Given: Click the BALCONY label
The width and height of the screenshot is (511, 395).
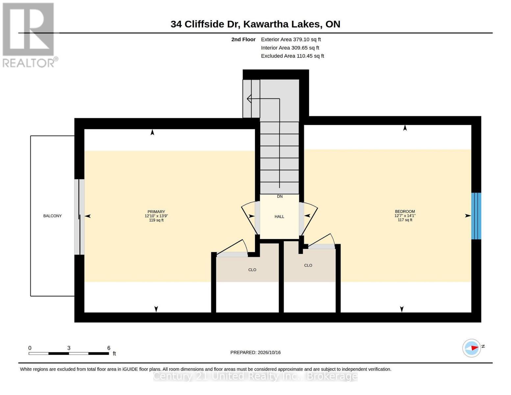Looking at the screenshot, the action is pos(52,216).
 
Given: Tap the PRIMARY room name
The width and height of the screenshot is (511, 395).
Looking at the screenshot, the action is pos(156,212).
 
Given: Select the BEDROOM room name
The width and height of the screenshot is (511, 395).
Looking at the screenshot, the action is pos(405,211).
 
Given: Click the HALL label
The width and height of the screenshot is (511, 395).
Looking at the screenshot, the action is pos(279,217).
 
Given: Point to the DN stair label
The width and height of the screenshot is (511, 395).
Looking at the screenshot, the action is pos(280,196).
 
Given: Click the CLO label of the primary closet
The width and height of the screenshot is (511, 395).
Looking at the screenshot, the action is pos(252,270).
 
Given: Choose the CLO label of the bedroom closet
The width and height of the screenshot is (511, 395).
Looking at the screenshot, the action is pos(308,265).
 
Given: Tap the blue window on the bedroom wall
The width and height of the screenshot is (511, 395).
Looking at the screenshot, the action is pos(476,216).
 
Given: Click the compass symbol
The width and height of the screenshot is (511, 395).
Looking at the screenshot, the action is pos(472,348).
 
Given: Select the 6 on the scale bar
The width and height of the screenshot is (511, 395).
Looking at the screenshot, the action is pos(109,348).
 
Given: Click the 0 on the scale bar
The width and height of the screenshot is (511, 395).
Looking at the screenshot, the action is pos(30,348).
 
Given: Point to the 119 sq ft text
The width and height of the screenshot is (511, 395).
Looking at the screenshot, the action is pos(156,220).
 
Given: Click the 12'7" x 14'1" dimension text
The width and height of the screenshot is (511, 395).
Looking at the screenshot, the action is pos(405,216).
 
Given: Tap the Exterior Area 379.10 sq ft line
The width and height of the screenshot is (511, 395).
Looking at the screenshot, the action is pos(291,39).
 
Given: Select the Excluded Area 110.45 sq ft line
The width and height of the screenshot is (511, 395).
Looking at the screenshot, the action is pos(292,56).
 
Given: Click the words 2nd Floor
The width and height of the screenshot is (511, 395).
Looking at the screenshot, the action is pos(243,39).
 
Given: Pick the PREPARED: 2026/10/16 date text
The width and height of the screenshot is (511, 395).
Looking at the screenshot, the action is pos(255,352).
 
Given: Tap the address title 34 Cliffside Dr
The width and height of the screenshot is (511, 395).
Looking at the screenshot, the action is pos(205,24).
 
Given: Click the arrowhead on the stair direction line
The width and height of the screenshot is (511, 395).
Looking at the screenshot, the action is pos(249,98).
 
